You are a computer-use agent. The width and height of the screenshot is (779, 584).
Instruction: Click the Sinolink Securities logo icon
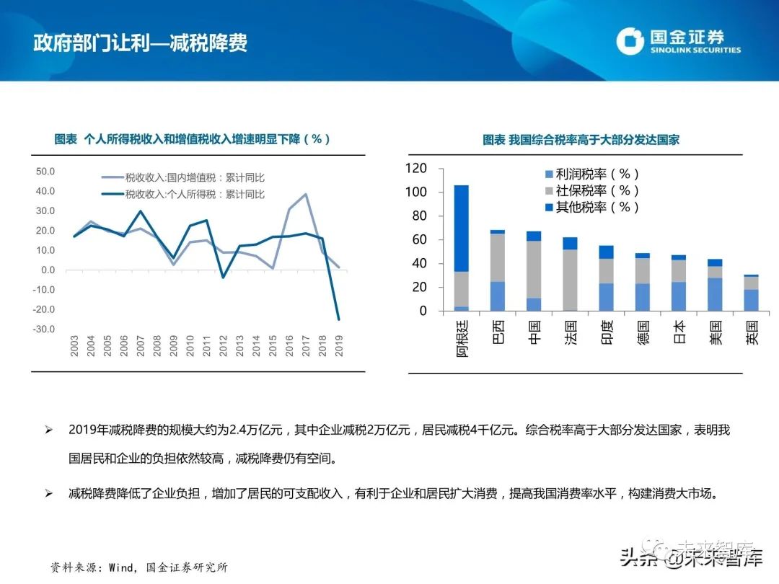coord(629,41)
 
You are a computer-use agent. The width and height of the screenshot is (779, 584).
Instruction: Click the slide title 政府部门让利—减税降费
coord(141,43)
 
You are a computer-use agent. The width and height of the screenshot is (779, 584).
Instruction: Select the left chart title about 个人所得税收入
coord(193,139)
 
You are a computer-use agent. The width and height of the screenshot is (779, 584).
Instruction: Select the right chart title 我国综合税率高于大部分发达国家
coord(581,139)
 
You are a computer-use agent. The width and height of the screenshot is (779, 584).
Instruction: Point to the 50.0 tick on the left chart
coord(45,172)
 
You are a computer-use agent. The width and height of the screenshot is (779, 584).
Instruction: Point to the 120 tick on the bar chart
coord(416,169)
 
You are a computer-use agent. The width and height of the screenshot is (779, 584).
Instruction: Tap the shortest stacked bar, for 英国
coord(752,294)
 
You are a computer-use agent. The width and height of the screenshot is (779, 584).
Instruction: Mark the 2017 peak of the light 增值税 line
coord(306,194)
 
